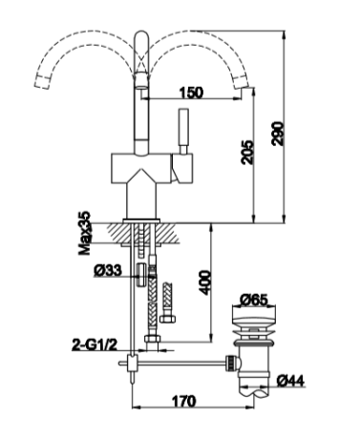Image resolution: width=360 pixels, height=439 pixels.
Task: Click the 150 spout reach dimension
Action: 191,93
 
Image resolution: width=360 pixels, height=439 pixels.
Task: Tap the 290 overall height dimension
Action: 278,134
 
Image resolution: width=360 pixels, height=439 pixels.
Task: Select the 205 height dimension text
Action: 247,152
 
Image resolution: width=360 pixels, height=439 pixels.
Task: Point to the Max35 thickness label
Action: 85,234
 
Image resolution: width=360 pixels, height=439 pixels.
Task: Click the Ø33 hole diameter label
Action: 108,271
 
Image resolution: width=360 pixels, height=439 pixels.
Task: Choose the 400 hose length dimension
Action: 204,282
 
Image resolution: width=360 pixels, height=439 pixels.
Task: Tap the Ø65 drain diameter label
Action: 254,300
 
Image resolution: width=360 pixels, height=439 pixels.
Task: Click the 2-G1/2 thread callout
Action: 95,345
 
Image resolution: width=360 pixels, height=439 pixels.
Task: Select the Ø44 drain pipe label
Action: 290,381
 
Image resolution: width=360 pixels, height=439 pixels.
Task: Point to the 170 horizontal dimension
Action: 184,401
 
